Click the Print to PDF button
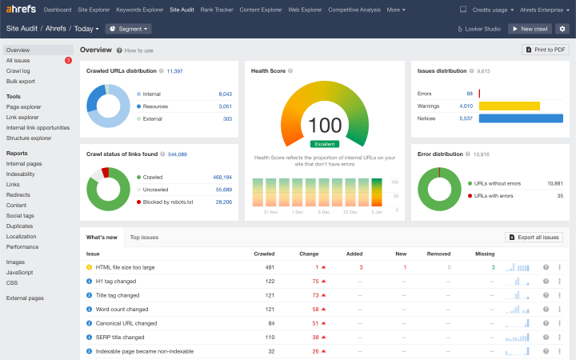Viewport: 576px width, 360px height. [x=546, y=50]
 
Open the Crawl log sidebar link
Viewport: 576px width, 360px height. [x=18, y=70]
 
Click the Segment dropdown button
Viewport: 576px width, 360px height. [x=128, y=29]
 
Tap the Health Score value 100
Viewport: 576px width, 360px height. [x=325, y=125]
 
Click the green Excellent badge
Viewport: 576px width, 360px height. [x=325, y=144]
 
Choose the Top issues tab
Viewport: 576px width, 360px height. [x=144, y=238]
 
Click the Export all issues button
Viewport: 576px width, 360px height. [x=534, y=238]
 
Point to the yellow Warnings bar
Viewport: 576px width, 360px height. [x=509, y=106]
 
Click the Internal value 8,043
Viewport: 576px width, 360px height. [x=225, y=94]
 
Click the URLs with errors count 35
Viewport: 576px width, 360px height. [x=560, y=195]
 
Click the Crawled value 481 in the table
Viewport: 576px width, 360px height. [x=270, y=267]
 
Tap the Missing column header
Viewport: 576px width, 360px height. [x=485, y=254]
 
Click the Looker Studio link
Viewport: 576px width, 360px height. [x=478, y=29]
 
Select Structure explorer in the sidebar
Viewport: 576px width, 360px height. [x=29, y=138]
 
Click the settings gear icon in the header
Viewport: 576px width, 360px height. [x=562, y=29]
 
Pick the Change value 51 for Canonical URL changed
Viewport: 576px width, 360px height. [x=315, y=323]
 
